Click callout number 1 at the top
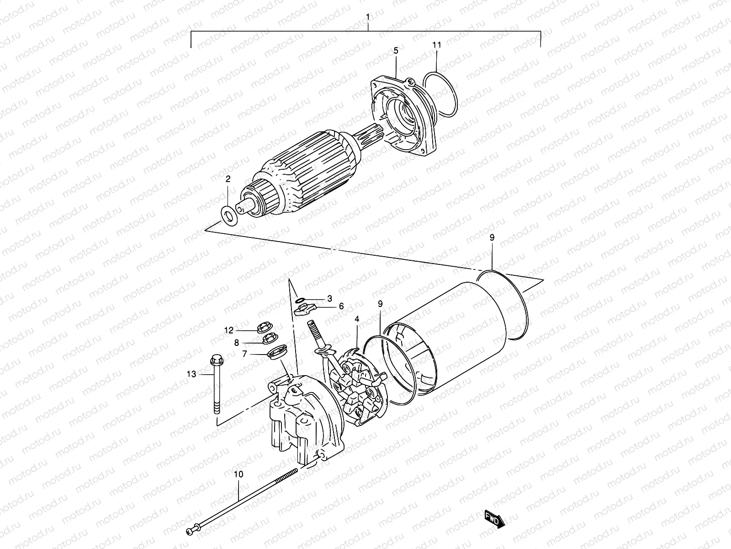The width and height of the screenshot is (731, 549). (x=368, y=17)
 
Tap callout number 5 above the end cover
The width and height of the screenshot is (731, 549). (x=396, y=50)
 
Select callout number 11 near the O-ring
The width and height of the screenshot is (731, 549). (x=437, y=45)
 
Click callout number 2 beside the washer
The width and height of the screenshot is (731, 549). (x=228, y=179)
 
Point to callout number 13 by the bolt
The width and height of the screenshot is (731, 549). (x=191, y=374)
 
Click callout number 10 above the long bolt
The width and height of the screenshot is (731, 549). (x=238, y=475)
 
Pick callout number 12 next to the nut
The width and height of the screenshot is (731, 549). (x=228, y=330)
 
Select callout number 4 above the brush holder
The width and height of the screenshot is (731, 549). (x=356, y=319)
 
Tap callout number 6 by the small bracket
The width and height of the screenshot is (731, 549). (x=341, y=307)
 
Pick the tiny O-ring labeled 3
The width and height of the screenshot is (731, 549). (x=299, y=300)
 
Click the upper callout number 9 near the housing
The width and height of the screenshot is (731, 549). (x=492, y=237)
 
